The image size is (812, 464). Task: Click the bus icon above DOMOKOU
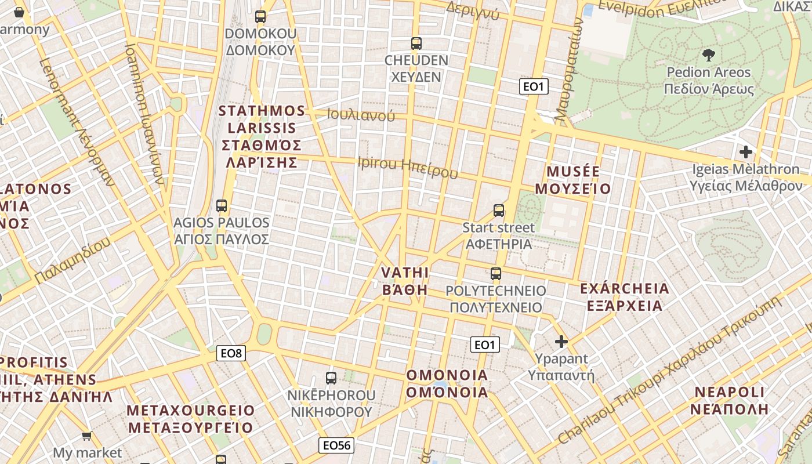pyautogui.click(x=260, y=17)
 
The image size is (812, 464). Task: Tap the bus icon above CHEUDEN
pyautogui.click(x=416, y=43)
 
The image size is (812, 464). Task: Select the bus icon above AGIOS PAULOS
pyautogui.click(x=221, y=205)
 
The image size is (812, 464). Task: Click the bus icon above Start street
pyautogui.click(x=498, y=211)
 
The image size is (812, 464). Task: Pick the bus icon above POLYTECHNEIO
pyautogui.click(x=495, y=274)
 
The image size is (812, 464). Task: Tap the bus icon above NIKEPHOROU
pyautogui.click(x=331, y=378)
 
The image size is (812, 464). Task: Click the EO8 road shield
pyautogui.click(x=231, y=353)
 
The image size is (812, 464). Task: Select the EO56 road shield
pyautogui.click(x=336, y=445)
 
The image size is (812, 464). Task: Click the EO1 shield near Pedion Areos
pyautogui.click(x=534, y=87)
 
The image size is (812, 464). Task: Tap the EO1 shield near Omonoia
pyautogui.click(x=485, y=345)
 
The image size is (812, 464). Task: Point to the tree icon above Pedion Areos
pyautogui.click(x=708, y=56)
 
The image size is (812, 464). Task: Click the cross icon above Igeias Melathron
pyautogui.click(x=746, y=153)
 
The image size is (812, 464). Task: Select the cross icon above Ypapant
pyautogui.click(x=561, y=341)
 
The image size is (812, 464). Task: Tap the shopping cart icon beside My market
pyautogui.click(x=87, y=436)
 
